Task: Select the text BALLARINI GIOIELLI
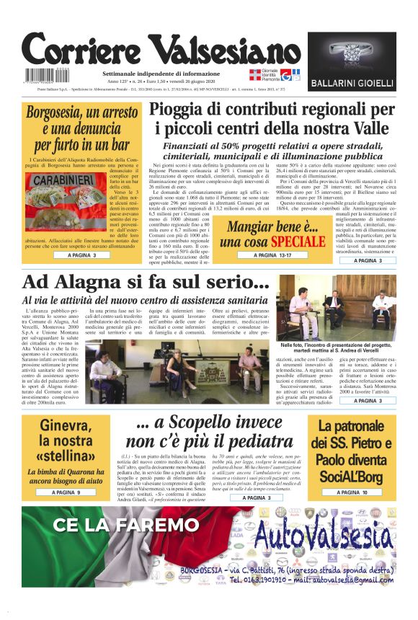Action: (x=352, y=84)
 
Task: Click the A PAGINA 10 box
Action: (x=351, y=492)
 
